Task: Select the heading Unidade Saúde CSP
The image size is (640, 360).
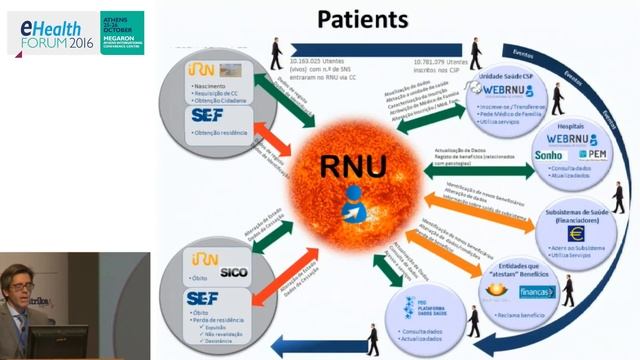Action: pos(501,74)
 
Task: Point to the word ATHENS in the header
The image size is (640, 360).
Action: pos(116,15)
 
